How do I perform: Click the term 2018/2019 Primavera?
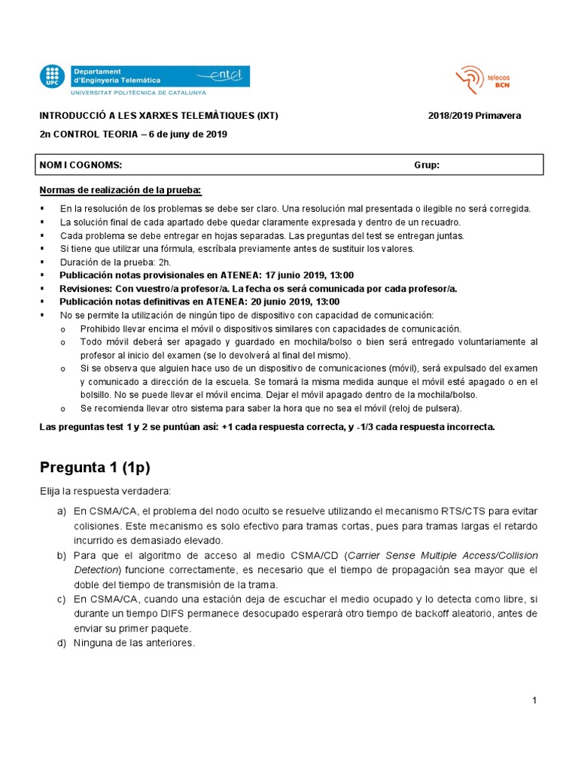point(474,116)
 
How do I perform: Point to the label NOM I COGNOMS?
point(81,165)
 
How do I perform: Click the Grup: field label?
point(427,165)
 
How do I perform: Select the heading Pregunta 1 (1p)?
point(95,467)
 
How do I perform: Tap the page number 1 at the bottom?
point(534,701)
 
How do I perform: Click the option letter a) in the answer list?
point(61,511)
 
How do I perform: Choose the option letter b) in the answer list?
point(61,556)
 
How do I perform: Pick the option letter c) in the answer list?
point(61,599)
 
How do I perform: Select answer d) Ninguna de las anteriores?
point(133,643)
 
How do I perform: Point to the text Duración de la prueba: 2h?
point(115,262)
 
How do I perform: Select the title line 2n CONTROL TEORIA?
point(132,135)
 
